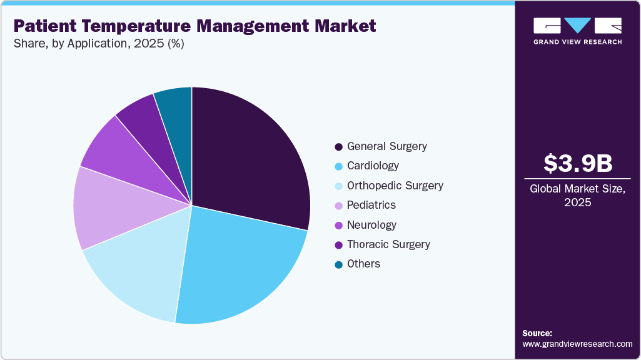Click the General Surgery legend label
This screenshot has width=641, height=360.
(387, 146)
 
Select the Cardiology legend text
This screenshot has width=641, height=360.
(373, 166)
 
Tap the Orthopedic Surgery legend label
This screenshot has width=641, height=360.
(395, 186)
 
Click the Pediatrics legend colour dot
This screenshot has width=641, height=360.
(338, 206)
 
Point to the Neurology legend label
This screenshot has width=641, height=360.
(371, 225)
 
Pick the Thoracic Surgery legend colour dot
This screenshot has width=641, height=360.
(338, 245)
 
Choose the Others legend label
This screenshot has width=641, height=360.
(363, 264)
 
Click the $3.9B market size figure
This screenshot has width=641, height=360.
(577, 163)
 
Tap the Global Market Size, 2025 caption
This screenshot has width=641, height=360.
(577, 196)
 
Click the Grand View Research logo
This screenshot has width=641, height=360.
(577, 31)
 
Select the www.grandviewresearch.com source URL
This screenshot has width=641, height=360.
(577, 344)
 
